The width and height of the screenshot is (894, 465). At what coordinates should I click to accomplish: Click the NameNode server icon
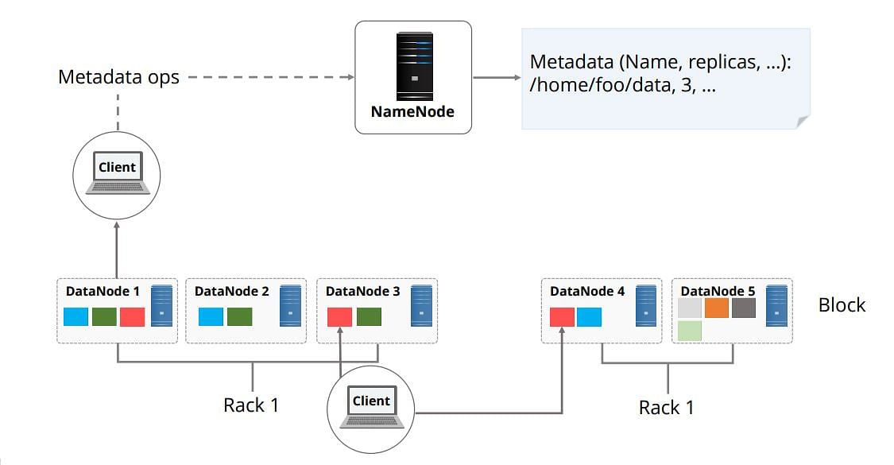[x=415, y=67]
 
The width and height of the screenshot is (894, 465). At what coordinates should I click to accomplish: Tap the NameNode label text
[x=412, y=112]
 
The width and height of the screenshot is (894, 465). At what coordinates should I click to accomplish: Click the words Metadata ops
[x=118, y=77]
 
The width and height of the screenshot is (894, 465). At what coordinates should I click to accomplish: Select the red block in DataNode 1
[x=132, y=316]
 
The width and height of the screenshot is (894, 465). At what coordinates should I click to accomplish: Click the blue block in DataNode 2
[x=211, y=316]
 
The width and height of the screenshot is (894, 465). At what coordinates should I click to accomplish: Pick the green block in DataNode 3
[x=369, y=316]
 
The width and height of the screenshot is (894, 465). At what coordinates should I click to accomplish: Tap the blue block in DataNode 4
[x=589, y=316]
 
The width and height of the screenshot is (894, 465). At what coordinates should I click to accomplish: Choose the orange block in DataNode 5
[x=717, y=308]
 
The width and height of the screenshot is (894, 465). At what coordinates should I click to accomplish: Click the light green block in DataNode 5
[x=690, y=331]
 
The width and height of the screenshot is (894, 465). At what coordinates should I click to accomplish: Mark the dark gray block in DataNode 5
[x=744, y=308]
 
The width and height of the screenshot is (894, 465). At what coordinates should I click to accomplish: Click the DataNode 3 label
[x=362, y=291]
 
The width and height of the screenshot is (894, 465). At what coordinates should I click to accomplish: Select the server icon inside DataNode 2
[x=290, y=306]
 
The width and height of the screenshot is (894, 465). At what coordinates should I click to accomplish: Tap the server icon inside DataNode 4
[x=646, y=306]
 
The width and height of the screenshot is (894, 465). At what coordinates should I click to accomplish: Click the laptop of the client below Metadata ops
[x=118, y=172]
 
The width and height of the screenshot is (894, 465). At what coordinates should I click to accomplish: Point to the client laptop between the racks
[x=371, y=407]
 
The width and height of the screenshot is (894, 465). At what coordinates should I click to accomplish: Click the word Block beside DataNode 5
[x=842, y=305]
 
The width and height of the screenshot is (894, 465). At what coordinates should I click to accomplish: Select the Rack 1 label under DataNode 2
[x=251, y=405]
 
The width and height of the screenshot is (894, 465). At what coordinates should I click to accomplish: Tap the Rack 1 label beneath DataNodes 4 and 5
[x=666, y=408]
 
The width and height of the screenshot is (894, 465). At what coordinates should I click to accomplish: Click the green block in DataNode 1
[x=104, y=316]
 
